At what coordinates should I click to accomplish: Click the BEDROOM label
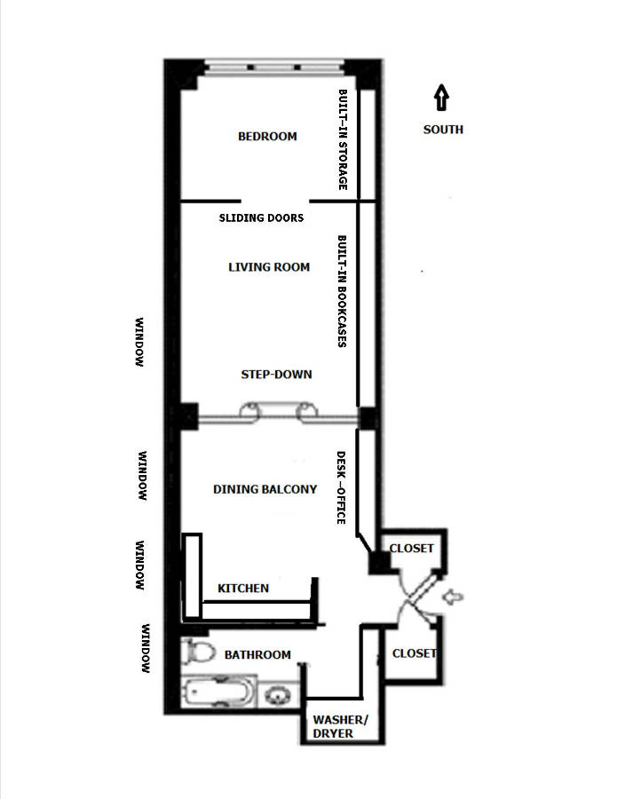point(267,137)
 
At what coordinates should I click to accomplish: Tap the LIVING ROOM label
point(269,266)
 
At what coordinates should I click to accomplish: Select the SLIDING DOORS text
point(261,218)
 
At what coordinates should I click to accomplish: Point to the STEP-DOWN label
point(276,374)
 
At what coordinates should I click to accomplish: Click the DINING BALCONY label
point(265,488)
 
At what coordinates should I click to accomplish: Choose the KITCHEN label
point(243,588)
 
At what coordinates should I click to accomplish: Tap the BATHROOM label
point(257,654)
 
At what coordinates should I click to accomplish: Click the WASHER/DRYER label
point(333,726)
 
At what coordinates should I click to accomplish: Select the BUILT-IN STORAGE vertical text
point(342,140)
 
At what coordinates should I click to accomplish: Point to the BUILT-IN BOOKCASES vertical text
point(342,290)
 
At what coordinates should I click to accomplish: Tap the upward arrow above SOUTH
point(442,97)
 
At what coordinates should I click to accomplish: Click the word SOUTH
point(442,130)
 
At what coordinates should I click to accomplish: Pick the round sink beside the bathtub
point(279,693)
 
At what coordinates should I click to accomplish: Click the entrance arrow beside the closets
point(451,599)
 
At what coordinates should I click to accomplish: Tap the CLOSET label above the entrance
point(412,548)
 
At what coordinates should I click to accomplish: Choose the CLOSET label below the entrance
point(415,653)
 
